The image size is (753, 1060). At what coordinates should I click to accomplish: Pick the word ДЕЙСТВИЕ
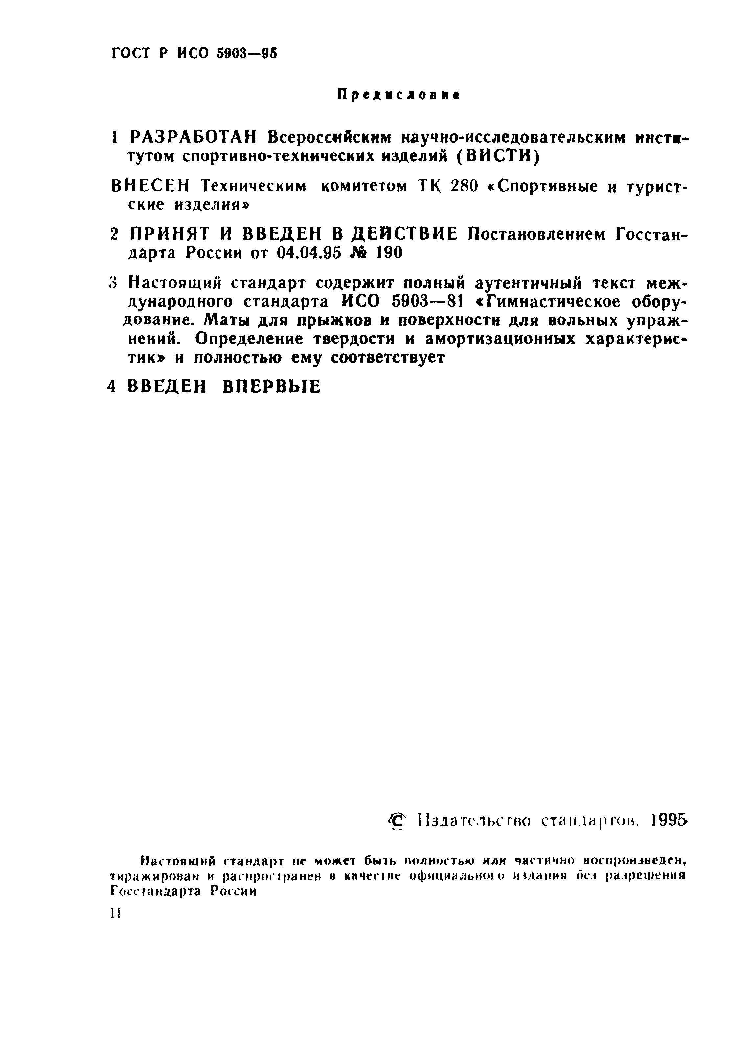pyautogui.click(x=404, y=234)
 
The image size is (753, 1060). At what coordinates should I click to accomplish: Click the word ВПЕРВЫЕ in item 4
pyautogui.click(x=272, y=387)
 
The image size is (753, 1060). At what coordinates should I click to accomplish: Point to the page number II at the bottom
pyautogui.click(x=115, y=913)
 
